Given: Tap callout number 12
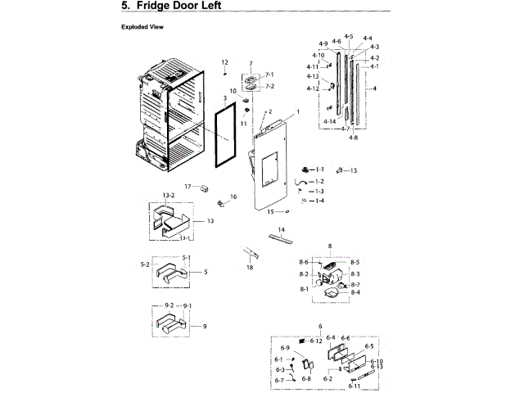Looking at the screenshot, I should (224, 62).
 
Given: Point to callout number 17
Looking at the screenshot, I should (187, 187).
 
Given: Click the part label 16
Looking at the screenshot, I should (233, 196).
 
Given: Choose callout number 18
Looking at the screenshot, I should (250, 268).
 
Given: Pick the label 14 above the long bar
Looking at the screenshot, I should (280, 230).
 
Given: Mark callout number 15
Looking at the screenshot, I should (268, 211).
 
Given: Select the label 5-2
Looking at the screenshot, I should (145, 264).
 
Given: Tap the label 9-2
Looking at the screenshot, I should (169, 305).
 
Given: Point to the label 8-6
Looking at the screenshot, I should (304, 262).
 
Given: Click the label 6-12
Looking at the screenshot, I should (316, 340).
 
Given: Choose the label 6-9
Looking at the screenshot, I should (286, 349).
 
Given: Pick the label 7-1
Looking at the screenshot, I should (269, 75).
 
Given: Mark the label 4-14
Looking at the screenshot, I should (329, 121).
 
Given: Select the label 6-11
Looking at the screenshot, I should (354, 386).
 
